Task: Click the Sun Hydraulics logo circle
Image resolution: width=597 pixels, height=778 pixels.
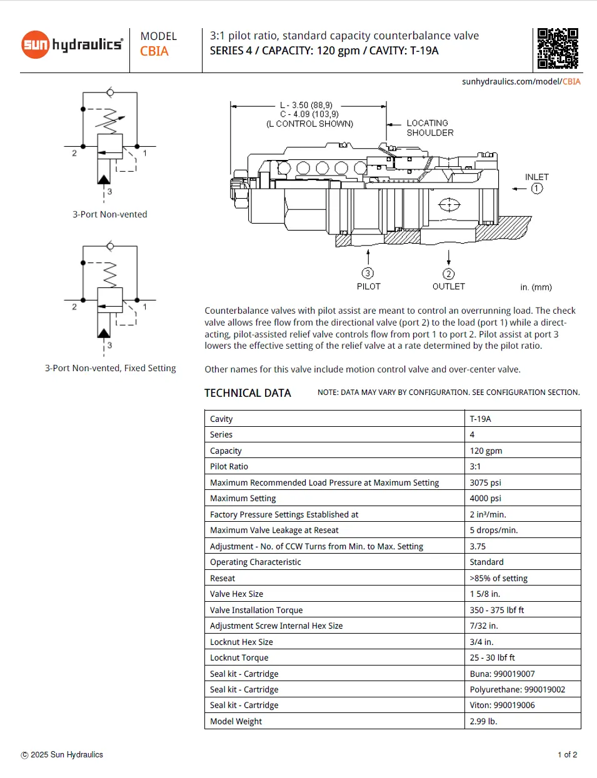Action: (36, 45)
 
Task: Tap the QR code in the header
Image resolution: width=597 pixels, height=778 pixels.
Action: (558, 48)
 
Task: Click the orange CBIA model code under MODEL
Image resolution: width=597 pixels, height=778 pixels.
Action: (154, 51)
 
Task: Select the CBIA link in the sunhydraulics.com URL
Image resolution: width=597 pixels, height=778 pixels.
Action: (571, 81)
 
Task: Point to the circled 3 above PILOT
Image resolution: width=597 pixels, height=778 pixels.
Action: (368, 273)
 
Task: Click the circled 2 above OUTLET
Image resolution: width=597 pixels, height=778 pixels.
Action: (448, 274)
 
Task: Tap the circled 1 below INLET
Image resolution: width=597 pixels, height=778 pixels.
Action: (537, 189)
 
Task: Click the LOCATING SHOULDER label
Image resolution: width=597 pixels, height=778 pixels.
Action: (429, 128)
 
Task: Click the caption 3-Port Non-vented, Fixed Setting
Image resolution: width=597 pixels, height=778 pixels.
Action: (110, 368)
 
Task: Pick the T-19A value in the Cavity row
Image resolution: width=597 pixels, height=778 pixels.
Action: (480, 419)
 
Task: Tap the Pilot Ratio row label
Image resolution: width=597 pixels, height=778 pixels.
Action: (229, 466)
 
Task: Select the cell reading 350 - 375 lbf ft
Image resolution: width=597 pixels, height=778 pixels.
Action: (496, 610)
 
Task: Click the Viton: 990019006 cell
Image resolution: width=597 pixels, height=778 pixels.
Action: (502, 705)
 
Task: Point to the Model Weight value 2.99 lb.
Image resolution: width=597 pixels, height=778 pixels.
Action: (483, 721)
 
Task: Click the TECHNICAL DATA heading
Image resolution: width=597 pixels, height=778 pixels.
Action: (248, 393)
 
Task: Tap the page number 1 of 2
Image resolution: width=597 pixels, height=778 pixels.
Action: (567, 754)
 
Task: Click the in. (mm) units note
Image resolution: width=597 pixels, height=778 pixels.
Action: (536, 287)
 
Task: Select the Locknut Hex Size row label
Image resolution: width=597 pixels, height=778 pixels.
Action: (241, 642)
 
